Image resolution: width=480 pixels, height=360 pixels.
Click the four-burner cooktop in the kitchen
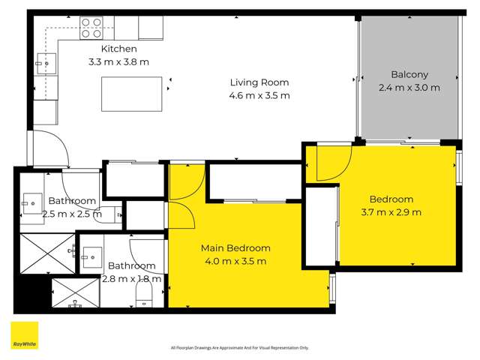coord(91,28)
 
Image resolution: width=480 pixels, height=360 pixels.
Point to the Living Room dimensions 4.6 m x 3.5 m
coord(259,95)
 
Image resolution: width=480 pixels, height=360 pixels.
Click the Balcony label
coord(409,74)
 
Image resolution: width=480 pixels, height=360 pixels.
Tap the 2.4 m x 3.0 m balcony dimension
coord(409,87)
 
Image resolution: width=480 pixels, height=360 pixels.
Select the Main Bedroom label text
coord(235,248)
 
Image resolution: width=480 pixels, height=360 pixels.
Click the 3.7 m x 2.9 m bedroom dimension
coord(391,212)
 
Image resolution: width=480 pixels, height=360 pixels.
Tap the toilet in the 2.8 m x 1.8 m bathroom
coord(143,298)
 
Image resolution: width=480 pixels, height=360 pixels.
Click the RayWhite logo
coord(24,335)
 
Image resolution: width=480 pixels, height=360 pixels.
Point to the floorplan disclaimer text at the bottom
coord(239,348)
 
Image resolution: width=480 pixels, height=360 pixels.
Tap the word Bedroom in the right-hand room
coord(391,199)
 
